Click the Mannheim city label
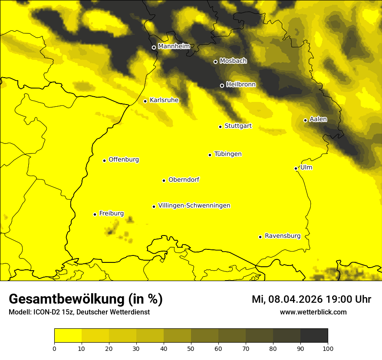(x=174, y=46)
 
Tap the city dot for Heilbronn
(x=222, y=85)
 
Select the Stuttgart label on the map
(x=238, y=126)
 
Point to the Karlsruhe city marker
(x=145, y=101)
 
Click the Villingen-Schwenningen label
(x=194, y=206)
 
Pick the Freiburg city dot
(x=95, y=214)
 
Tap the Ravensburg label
(x=283, y=236)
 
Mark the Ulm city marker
(x=296, y=168)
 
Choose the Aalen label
(x=318, y=119)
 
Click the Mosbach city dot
(x=215, y=62)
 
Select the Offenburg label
(x=124, y=160)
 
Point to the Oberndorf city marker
(x=164, y=180)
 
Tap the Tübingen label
(x=228, y=154)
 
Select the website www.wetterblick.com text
(x=313, y=312)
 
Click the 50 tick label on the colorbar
(x=191, y=348)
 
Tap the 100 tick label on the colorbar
(x=328, y=348)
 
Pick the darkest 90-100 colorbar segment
(x=314, y=336)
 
